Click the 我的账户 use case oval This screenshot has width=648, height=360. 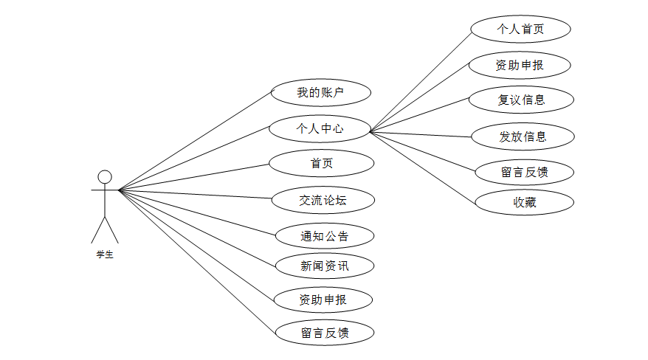(320, 93)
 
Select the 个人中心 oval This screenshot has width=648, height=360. (319, 128)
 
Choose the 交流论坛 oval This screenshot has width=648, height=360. (323, 199)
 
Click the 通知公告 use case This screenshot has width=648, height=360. (324, 236)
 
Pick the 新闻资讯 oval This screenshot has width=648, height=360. (323, 266)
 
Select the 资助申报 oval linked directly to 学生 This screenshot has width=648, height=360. (323, 300)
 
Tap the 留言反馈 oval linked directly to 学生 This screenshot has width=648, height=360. (324, 332)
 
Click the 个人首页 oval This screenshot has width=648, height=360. (521, 30)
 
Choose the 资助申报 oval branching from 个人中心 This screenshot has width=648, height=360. (520, 65)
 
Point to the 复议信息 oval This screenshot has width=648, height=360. (521, 100)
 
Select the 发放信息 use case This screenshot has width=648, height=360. (523, 136)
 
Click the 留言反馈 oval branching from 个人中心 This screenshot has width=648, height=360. (523, 173)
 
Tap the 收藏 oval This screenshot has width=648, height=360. (524, 202)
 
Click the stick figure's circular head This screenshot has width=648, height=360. (105, 176)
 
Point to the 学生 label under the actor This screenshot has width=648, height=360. (105, 255)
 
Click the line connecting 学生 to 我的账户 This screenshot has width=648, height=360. (196, 141)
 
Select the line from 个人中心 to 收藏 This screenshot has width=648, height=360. (422, 167)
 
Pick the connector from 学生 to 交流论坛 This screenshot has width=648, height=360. (196, 195)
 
